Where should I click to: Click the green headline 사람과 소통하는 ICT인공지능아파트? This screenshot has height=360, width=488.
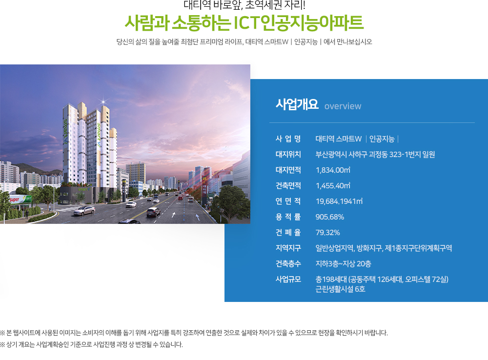coord(244,23)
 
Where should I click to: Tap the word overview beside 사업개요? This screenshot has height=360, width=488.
coord(343,106)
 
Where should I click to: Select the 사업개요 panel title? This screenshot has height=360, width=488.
coord(297,104)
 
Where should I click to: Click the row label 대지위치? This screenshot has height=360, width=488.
coord(288,154)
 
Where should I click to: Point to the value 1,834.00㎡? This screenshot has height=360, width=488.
coord(333,170)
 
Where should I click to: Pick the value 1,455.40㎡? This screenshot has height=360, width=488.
coord(333,185)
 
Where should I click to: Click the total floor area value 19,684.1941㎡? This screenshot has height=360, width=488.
coord(339,201)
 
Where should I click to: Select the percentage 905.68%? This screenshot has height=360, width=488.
coord(329,217)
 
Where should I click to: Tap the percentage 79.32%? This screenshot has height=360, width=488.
coord(328,232)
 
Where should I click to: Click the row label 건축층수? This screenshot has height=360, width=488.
coord(288,263)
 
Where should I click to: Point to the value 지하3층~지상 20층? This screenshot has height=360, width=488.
coord(343,263)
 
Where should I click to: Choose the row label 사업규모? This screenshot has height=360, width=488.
coord(288,279)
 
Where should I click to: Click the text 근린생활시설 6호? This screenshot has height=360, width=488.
coord(340,289)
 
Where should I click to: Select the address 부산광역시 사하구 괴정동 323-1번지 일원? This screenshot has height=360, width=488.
coord(375,154)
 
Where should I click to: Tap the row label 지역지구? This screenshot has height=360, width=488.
coord(288,248)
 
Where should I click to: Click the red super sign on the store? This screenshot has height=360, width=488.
coord(14,200)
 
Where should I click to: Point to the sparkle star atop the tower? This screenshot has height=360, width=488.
coord(103,101)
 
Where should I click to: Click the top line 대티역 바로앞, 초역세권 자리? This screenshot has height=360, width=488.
coord(244,5)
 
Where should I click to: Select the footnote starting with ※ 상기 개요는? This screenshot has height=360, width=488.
coord(91,344)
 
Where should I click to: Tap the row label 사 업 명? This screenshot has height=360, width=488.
coord(288,139)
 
